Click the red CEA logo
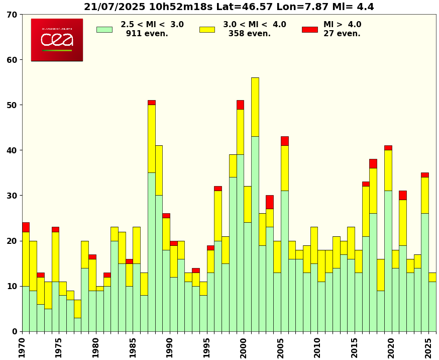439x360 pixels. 57,40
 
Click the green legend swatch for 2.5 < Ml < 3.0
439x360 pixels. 104,29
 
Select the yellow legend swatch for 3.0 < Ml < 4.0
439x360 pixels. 207,29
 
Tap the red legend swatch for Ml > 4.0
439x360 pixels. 309,29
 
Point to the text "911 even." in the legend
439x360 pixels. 147,34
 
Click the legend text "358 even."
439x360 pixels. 249,34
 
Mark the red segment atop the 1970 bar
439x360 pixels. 26,227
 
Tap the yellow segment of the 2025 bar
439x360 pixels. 432,277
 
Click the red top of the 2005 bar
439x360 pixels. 285,141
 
